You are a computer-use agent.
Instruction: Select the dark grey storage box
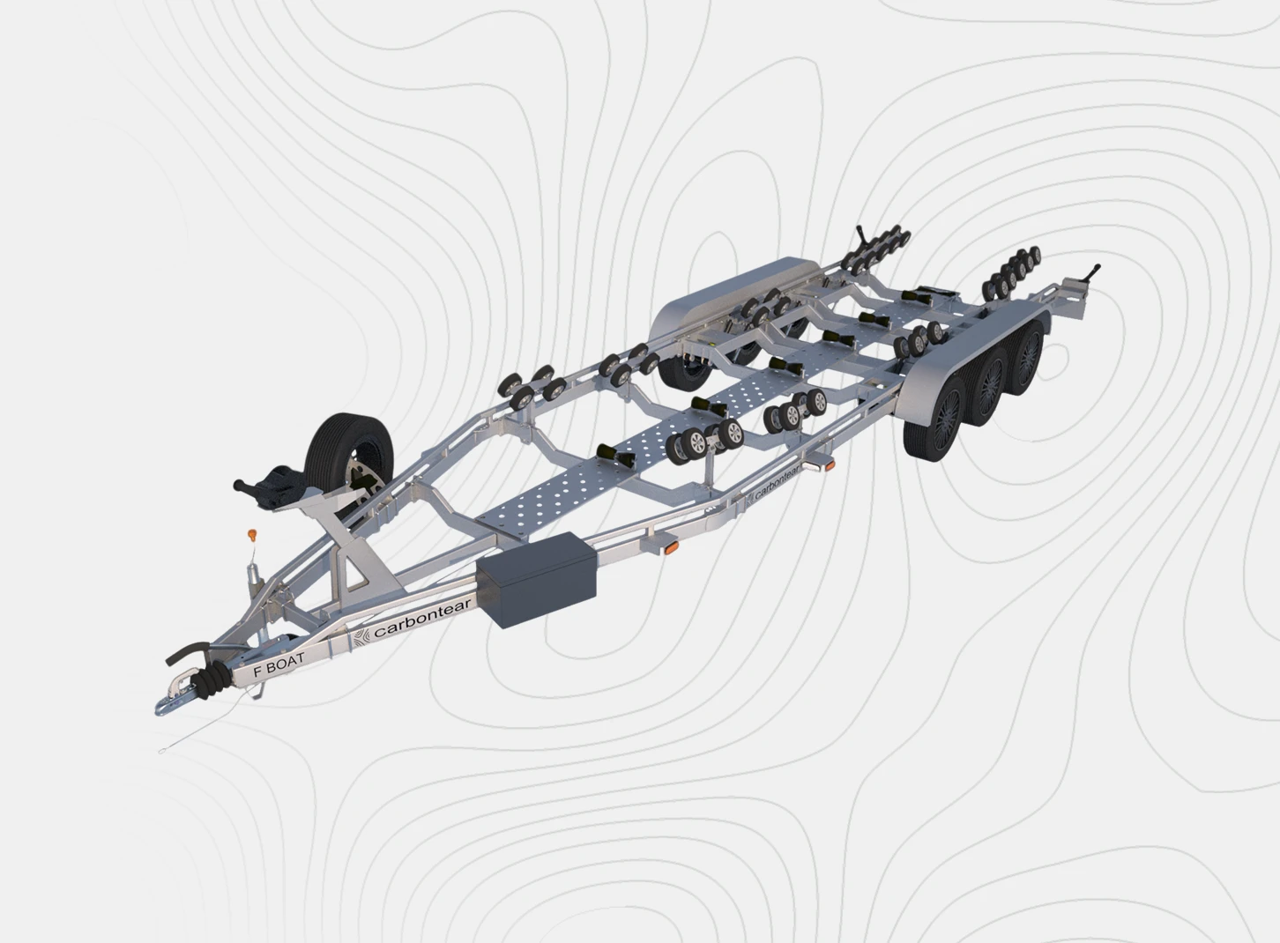[x=536, y=580]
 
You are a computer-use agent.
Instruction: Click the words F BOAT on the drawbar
[x=279, y=666]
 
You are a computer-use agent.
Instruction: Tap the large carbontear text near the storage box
[x=422, y=618]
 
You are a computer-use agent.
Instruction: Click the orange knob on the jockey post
[x=252, y=535]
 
